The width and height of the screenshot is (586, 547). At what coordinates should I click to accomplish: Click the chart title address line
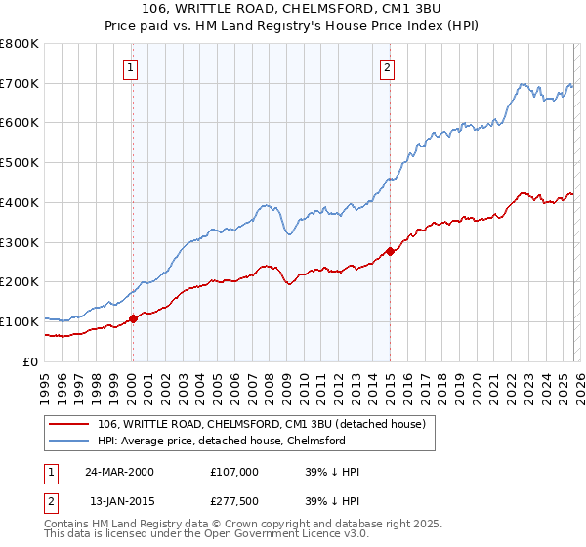click(x=293, y=9)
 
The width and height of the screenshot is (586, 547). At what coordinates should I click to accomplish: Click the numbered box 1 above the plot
click(x=131, y=67)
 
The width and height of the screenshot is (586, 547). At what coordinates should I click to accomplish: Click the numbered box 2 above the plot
click(x=388, y=67)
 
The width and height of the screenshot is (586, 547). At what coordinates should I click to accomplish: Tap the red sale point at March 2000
click(x=134, y=318)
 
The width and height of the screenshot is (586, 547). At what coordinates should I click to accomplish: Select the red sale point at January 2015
click(x=390, y=251)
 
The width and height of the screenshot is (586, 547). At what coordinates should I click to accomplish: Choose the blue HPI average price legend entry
click(x=221, y=442)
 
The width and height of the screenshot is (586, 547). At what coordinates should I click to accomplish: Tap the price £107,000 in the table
click(x=233, y=472)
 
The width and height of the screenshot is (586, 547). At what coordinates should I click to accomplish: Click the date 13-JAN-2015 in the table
click(x=118, y=503)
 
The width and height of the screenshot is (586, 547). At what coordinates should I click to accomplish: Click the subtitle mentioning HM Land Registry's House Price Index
click(x=293, y=25)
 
